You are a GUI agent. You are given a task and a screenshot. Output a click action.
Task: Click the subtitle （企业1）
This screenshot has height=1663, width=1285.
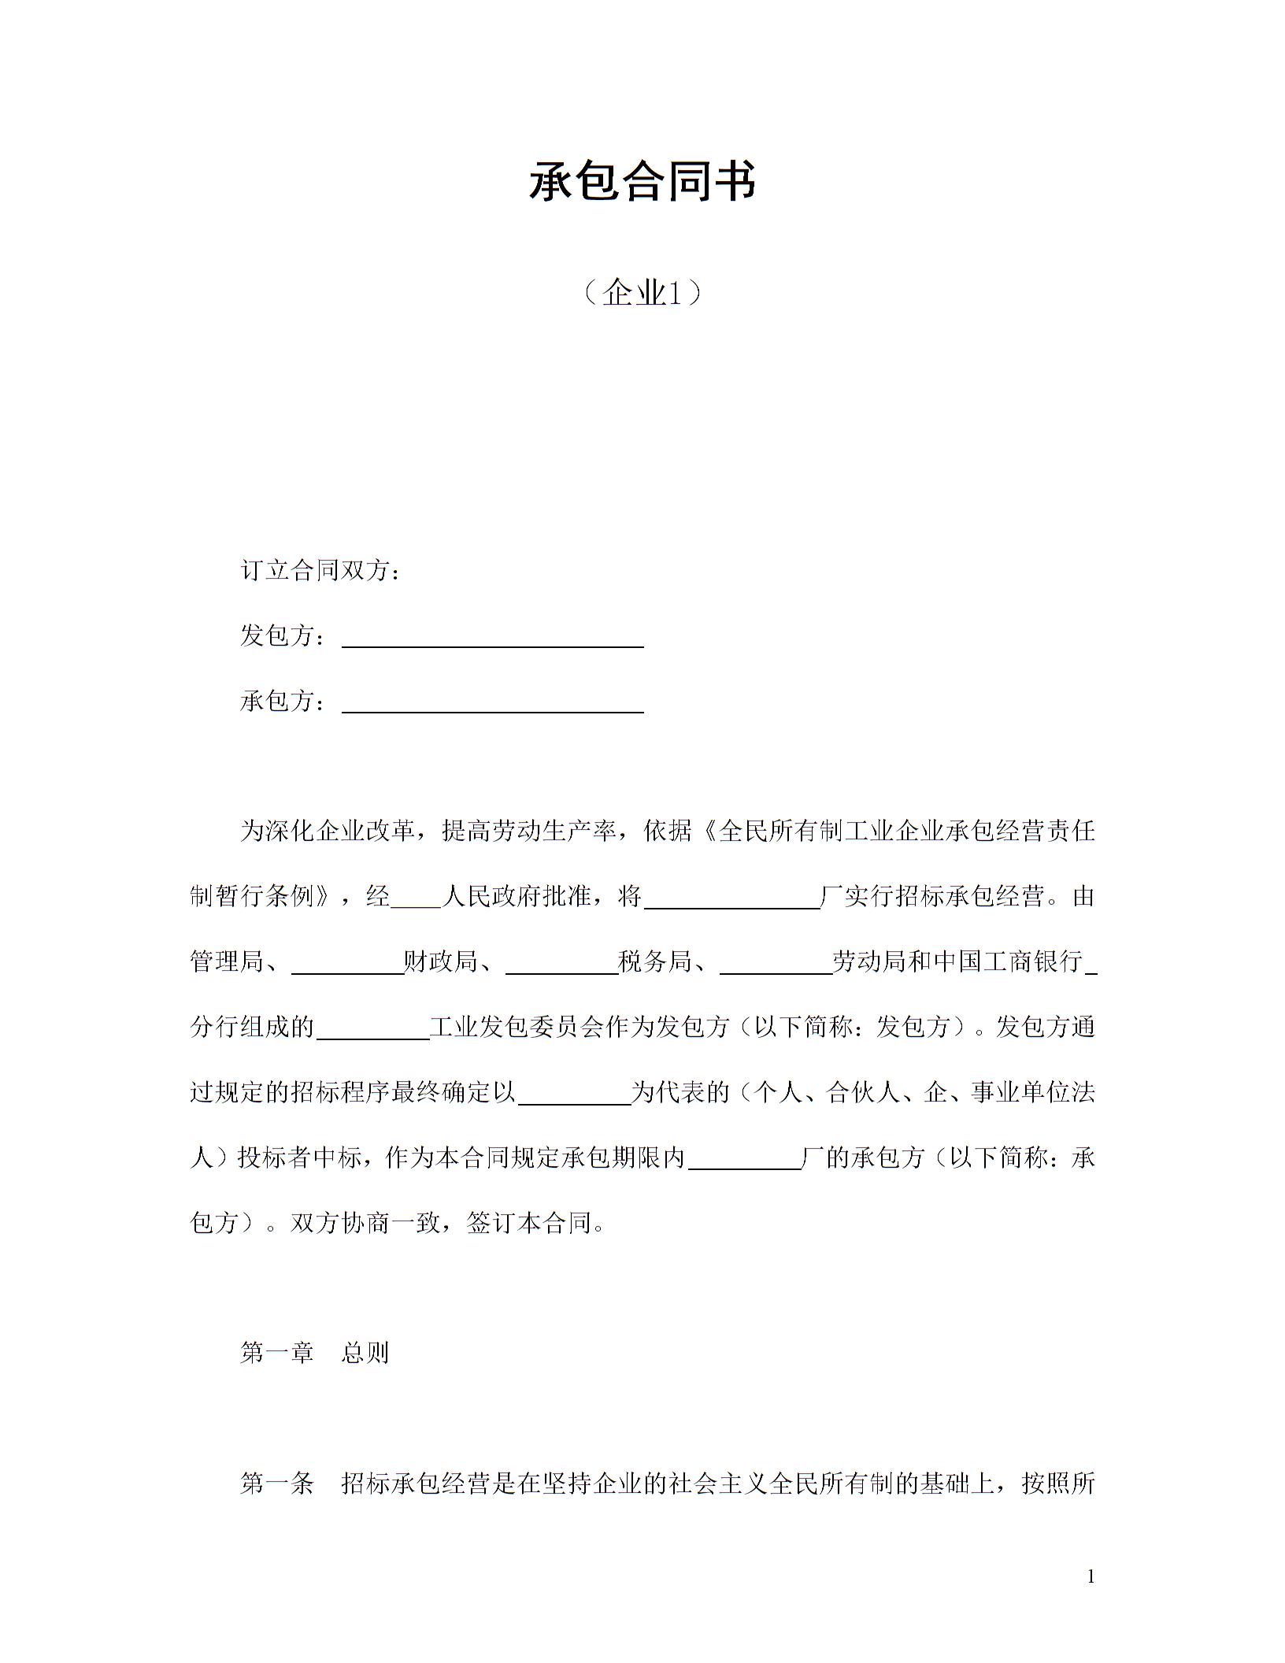point(642,293)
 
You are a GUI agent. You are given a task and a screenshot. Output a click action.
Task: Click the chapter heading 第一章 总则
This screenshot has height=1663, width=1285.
point(314,1353)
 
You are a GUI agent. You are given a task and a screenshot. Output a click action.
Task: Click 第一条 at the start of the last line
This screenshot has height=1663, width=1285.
point(277,1484)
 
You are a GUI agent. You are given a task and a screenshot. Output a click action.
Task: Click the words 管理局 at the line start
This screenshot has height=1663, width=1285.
point(227,961)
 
